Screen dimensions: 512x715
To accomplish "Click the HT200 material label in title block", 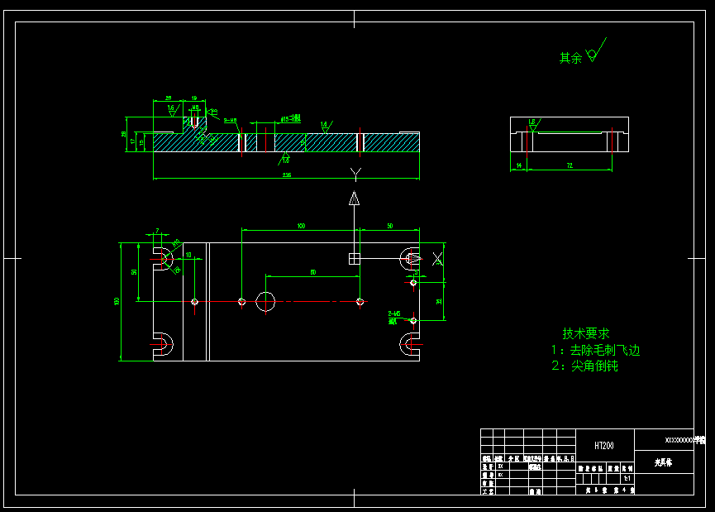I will pyautogui.click(x=604, y=445).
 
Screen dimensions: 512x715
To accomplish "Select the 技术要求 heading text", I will pyautogui.click(x=586, y=333).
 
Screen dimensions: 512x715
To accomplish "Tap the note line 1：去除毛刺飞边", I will pyautogui.click(x=595, y=350).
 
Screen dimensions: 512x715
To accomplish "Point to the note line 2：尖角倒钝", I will pyautogui.click(x=584, y=366).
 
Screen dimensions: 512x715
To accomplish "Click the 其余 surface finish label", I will pyautogui.click(x=570, y=58).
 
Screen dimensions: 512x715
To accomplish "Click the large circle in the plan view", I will pyautogui.click(x=265, y=301).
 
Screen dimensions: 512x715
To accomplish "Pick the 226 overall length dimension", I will pyautogui.click(x=287, y=175).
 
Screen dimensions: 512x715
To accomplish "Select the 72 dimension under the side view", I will pyautogui.click(x=570, y=166).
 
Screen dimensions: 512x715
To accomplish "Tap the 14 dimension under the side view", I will pyautogui.click(x=518, y=166).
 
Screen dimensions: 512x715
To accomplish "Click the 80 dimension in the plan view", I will pyautogui.click(x=312, y=272).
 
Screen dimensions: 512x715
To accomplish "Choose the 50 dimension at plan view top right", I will pyautogui.click(x=389, y=226).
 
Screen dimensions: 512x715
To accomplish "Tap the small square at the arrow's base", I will pyautogui.click(x=354, y=258).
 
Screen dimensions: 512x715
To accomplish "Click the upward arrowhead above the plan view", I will pyautogui.click(x=354, y=199).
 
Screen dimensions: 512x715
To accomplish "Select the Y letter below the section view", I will pyautogui.click(x=355, y=172).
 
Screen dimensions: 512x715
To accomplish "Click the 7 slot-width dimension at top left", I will pyautogui.click(x=157, y=230).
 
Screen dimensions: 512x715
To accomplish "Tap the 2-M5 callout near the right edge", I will pyautogui.click(x=393, y=314).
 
